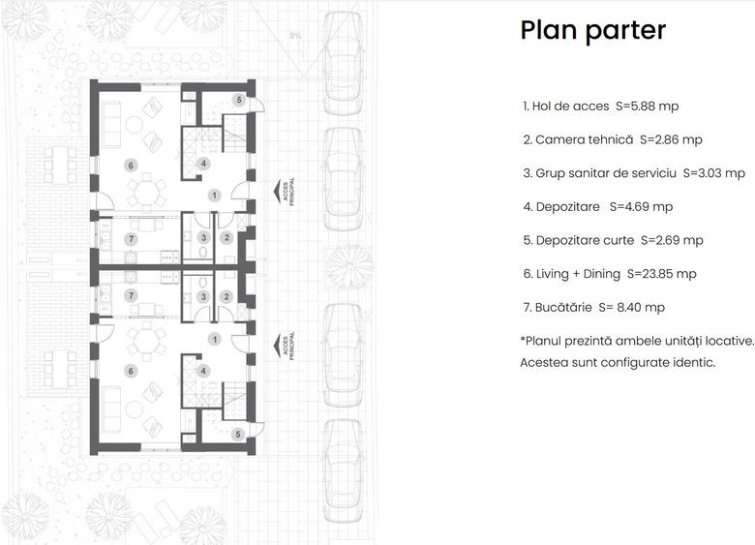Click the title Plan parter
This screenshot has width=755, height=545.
tap(592, 30)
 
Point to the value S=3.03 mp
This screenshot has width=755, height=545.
tap(714, 173)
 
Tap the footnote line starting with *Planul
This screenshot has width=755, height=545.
tap(636, 340)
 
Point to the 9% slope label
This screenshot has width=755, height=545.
tap(295, 36)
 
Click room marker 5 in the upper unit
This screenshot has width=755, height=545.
tap(238, 100)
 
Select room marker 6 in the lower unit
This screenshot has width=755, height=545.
tap(131, 370)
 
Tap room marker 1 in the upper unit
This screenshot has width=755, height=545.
tap(215, 195)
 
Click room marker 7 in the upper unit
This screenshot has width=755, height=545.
tap(131, 238)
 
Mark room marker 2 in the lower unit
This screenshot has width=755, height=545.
tap(226, 296)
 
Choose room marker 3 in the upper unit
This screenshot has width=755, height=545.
tap(203, 238)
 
